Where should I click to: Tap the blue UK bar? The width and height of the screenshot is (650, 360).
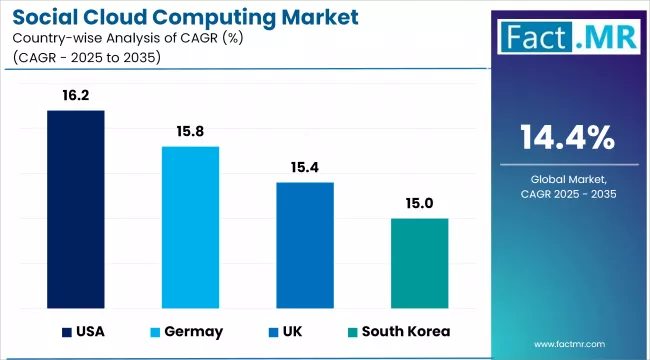pyautogui.click(x=305, y=244)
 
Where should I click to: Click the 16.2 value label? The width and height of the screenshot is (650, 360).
pyautogui.click(x=76, y=97)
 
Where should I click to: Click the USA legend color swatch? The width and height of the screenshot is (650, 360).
pyautogui.click(x=68, y=331)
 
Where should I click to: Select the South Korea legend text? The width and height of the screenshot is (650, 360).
pyautogui.click(x=406, y=331)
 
